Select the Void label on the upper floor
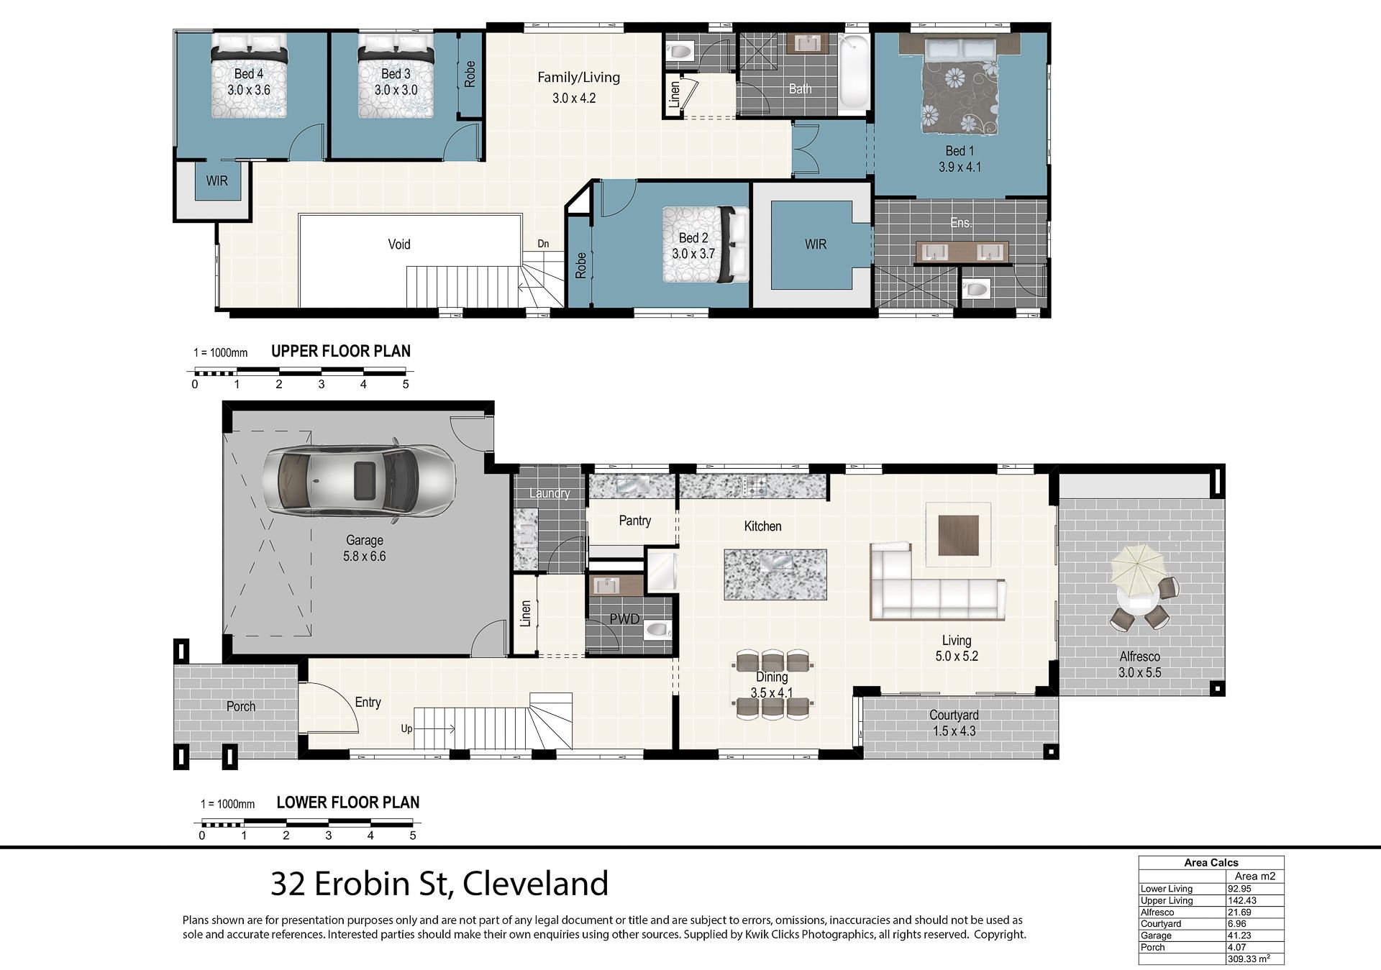coord(399,244)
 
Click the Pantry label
coord(634,521)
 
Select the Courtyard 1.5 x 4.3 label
coord(954,723)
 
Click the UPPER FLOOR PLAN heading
coord(341,352)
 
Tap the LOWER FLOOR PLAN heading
coord(348,802)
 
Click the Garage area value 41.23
coord(1239,935)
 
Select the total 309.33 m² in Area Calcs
coord(1248,958)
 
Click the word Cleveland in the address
coord(536,884)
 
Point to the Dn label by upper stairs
coord(543,244)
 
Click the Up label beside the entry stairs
coord(406,729)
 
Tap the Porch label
coord(241,707)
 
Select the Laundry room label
coord(550,493)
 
